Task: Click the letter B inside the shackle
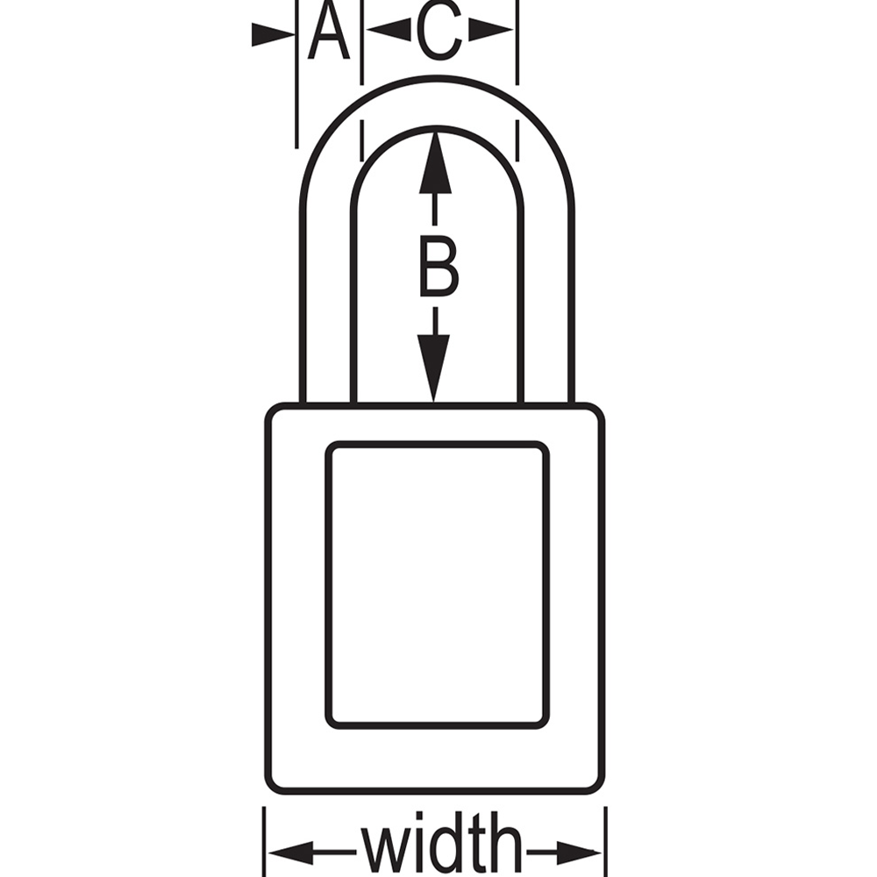(439, 267)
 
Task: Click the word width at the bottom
(441, 845)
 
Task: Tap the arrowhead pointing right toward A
(273, 34)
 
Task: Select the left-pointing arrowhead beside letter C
(389, 29)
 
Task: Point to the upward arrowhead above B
(435, 163)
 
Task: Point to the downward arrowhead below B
(433, 368)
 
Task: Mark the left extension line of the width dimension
(264, 842)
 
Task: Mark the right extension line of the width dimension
(606, 842)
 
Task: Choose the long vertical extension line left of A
(296, 75)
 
